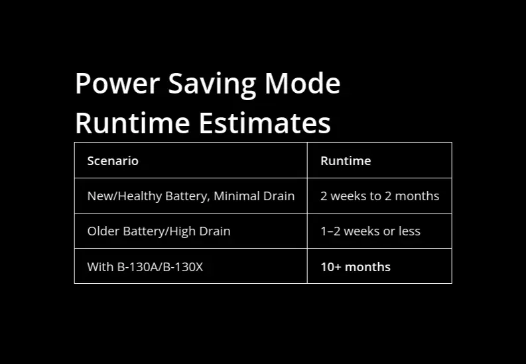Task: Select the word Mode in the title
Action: [302, 84]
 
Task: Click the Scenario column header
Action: [113, 160]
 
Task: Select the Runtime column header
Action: [346, 160]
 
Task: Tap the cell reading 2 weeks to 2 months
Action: [379, 196]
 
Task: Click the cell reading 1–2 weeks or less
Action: [370, 231]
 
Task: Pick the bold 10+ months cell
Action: [356, 267]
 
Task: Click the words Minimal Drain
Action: [254, 196]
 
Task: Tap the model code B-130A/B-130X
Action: [160, 267]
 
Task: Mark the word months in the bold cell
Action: [368, 267]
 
